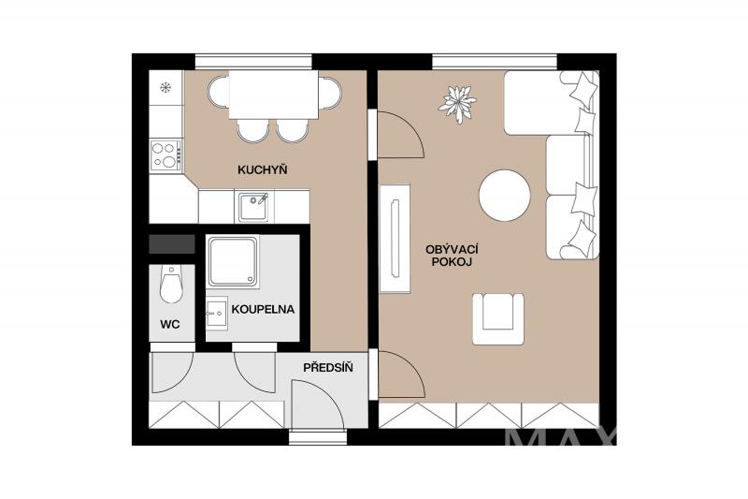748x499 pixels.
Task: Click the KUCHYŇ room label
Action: point(263,169)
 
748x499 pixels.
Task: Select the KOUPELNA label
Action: point(263,310)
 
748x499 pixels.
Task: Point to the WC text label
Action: point(170,325)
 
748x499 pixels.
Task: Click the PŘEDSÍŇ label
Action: point(328,367)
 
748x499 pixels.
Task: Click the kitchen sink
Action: point(253,206)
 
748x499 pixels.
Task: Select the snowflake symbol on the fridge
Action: point(165,87)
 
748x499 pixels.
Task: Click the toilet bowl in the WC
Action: point(171,285)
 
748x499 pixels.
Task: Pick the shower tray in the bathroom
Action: point(233,262)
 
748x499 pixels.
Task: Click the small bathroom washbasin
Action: point(217,314)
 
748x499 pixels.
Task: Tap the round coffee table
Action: point(505,196)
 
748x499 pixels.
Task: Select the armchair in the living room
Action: point(498,319)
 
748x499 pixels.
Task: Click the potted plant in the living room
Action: point(457,104)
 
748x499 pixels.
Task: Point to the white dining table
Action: point(273,95)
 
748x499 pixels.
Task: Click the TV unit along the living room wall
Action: point(395,239)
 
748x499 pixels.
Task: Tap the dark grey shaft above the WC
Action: point(172,244)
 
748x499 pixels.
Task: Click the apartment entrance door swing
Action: point(317,405)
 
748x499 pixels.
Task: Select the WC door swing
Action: point(172,373)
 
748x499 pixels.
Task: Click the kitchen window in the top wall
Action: point(253,62)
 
